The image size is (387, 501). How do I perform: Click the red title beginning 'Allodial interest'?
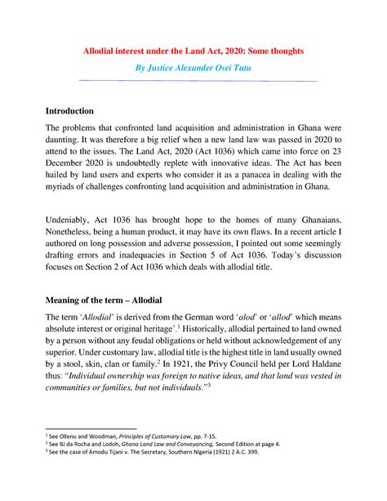[x=193, y=51]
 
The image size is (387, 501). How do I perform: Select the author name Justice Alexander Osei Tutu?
[x=193, y=67]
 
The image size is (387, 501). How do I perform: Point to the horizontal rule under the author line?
[x=193, y=81]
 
